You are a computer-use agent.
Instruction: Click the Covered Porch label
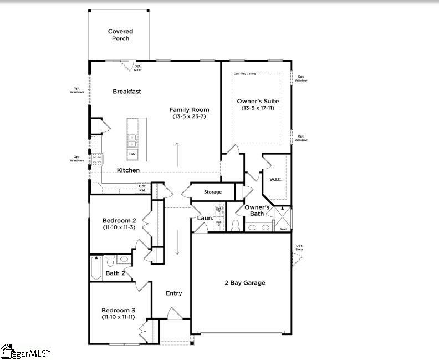[119, 35]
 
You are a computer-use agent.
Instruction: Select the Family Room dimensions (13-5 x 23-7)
[189, 116]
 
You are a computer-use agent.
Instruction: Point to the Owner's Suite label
[258, 101]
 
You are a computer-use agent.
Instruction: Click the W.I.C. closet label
[275, 179]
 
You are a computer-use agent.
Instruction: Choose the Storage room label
[212, 192]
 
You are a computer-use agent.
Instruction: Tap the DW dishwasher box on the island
[132, 154]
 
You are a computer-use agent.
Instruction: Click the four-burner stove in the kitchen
[96, 159]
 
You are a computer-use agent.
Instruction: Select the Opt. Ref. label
[142, 188]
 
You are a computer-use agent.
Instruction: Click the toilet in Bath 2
[110, 259]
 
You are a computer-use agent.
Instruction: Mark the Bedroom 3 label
[118, 310]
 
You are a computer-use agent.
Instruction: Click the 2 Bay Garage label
[244, 282]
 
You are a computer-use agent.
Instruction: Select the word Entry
[173, 293]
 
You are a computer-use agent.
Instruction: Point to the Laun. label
[205, 218]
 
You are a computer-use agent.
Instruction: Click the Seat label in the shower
[283, 229]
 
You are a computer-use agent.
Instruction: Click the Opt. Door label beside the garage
[299, 247]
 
